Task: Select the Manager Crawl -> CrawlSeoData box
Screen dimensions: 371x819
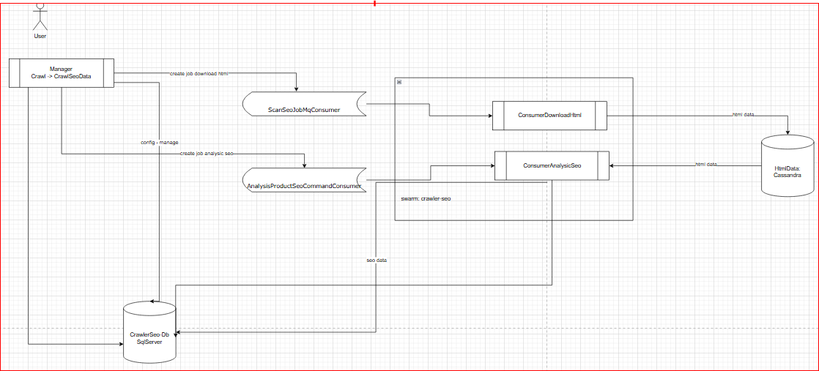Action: point(61,72)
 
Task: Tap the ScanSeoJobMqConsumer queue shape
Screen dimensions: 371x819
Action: point(304,105)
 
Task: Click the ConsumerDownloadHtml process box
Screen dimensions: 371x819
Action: point(549,116)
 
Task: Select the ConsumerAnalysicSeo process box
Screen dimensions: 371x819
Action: point(552,165)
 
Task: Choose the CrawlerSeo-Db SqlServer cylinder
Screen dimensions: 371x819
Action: point(149,333)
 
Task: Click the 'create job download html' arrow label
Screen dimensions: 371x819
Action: point(199,74)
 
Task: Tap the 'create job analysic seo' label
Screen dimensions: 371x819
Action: point(207,154)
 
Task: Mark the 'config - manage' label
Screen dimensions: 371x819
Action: point(159,142)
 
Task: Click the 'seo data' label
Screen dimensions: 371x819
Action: point(377,261)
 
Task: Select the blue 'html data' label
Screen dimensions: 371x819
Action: point(706,165)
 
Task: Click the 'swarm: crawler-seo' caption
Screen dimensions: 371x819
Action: point(426,199)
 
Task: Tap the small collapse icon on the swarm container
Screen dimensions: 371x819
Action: point(399,82)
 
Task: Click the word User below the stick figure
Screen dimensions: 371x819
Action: point(40,35)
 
